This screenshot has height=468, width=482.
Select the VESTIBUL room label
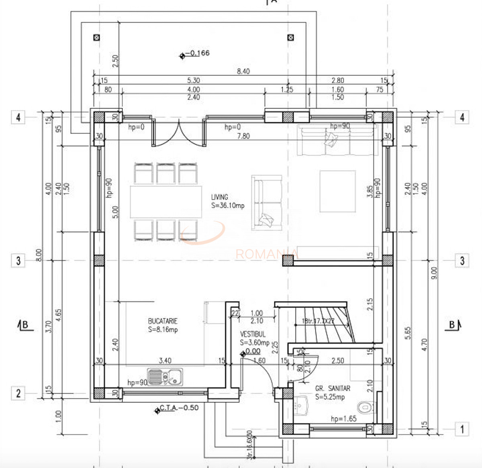pos(253,334)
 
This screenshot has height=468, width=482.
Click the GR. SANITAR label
pos(332,388)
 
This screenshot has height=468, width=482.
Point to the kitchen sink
pos(165,377)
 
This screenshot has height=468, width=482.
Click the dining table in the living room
pos(166,202)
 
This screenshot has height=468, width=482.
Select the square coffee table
pos(337,191)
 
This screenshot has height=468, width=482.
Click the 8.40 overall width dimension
pos(243,71)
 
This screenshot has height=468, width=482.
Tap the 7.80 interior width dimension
pos(243,136)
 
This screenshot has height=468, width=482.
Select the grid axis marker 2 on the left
pos(18,393)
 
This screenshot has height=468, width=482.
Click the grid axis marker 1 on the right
pos(462,429)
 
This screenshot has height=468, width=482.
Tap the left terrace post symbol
pos(96,38)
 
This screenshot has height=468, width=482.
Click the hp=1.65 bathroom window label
pos(343,419)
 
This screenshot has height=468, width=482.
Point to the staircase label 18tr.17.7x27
pos(318,321)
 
